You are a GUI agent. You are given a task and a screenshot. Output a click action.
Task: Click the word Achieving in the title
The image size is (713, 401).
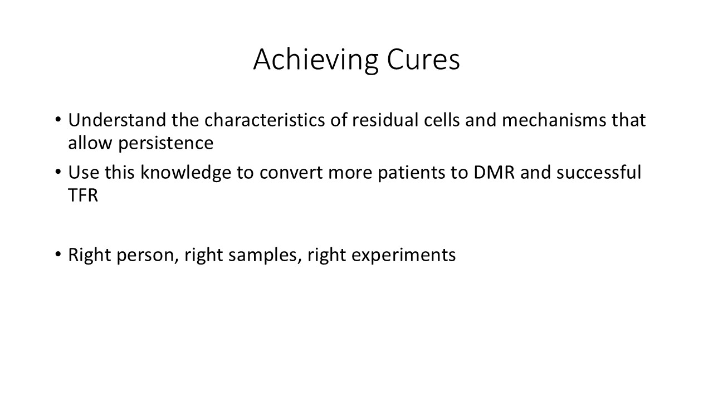316,61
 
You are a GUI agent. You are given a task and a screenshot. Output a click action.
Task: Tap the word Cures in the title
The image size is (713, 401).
423,59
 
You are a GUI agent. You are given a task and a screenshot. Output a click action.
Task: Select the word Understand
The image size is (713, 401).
117,120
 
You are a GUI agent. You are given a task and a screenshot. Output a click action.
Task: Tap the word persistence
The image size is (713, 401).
165,144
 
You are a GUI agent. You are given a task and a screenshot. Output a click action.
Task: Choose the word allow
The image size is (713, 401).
90,143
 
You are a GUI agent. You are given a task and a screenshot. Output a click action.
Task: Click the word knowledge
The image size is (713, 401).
186,173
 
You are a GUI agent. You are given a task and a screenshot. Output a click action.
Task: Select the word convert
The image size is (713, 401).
291,173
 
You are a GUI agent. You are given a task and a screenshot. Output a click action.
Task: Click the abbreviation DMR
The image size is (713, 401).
494,173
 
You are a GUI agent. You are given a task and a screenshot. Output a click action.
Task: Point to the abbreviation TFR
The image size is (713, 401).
83,195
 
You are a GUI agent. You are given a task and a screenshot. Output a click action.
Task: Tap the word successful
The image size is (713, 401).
599,172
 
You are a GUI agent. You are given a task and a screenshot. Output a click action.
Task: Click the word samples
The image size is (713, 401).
263,256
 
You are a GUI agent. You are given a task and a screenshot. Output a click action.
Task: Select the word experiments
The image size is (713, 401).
404,256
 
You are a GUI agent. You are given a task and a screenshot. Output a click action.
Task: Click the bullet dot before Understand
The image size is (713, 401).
57,120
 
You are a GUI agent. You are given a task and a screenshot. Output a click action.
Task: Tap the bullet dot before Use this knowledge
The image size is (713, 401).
57,172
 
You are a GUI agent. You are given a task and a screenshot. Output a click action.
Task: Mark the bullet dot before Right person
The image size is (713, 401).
57,255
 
